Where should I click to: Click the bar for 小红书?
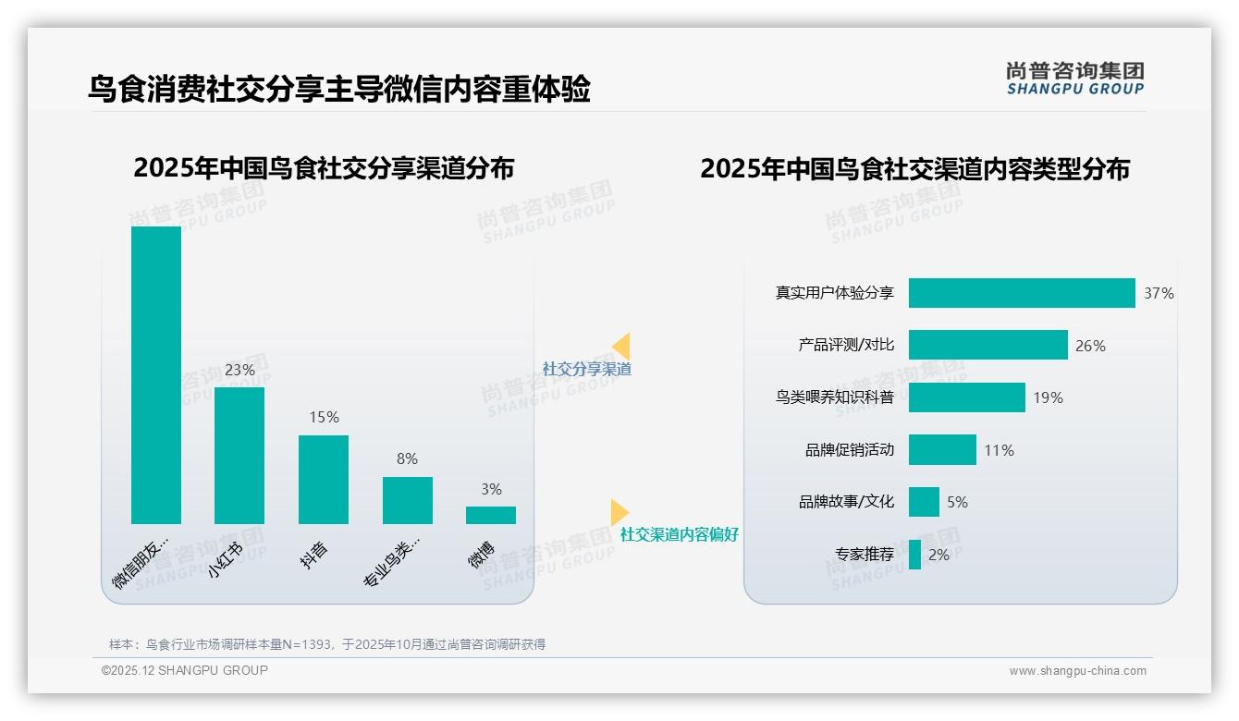[x=239, y=455]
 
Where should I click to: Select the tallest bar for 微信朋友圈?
[x=156, y=374]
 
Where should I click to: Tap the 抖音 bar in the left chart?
[x=324, y=479]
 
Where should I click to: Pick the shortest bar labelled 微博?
[x=491, y=515]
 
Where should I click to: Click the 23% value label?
[x=239, y=370]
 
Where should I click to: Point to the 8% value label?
[x=407, y=458]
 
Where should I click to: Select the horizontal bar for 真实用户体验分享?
[x=1021, y=293]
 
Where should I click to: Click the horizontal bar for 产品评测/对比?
[x=988, y=345]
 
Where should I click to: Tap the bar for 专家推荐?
[x=914, y=555]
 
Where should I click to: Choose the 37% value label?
[x=1159, y=293]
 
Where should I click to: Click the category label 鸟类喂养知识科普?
[x=835, y=397]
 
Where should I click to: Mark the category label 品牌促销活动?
[x=850, y=450]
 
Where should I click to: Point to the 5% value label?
[x=957, y=502]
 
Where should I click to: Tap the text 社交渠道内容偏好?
[x=680, y=534]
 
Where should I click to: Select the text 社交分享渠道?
[x=587, y=369]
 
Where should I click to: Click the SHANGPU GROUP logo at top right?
[x=1075, y=79]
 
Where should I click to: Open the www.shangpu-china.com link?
[x=1077, y=671]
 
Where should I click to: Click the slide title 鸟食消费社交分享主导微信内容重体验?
[x=338, y=90]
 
